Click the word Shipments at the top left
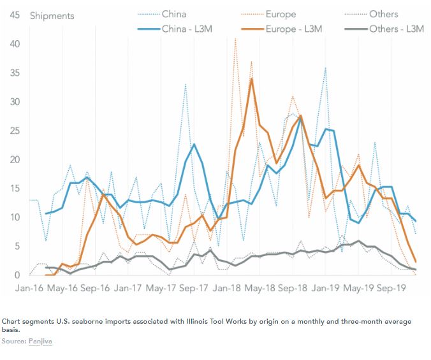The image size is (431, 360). tap(52, 15)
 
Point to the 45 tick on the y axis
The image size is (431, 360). tap(13, 15)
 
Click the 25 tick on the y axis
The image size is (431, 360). tap(13, 131)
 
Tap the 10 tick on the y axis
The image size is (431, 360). tap(13, 217)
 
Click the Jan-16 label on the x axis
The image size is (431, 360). tap(29, 288)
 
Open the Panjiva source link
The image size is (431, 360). tap(41, 342)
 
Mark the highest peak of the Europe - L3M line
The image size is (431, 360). tap(252, 78)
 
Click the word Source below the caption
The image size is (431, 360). tap(13, 342)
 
